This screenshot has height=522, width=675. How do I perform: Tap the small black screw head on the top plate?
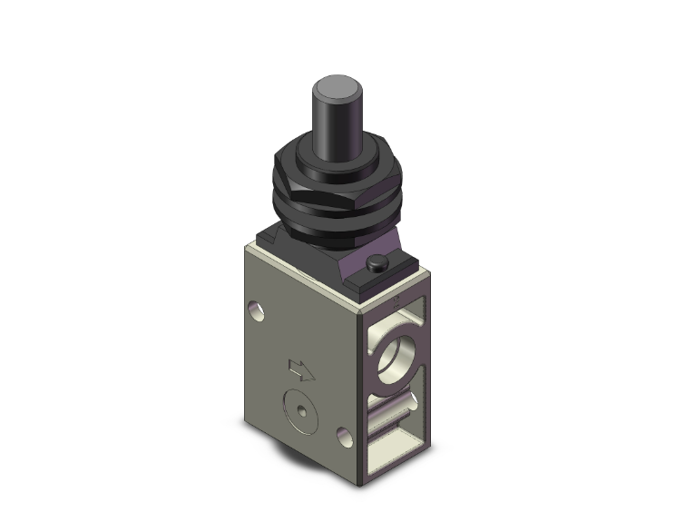(377, 264)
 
